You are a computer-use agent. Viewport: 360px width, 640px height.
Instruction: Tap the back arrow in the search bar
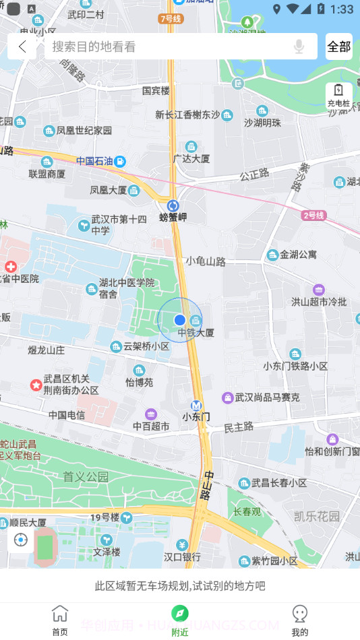tap(23, 46)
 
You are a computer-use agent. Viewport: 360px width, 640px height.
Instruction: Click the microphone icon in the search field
tap(299, 46)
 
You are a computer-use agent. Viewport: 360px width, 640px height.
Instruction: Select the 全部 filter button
tap(339, 46)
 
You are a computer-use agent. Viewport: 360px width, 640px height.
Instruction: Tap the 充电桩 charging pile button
tap(338, 95)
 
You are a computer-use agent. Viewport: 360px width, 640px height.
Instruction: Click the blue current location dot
tap(179, 319)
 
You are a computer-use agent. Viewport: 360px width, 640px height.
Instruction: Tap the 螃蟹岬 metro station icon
tap(173, 205)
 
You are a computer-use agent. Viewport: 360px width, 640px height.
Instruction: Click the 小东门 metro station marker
tap(196, 406)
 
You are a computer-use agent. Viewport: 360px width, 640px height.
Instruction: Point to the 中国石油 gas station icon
tap(120, 161)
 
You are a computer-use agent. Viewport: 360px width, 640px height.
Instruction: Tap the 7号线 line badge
tap(171, 19)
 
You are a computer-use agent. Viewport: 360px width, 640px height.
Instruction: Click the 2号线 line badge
tap(314, 216)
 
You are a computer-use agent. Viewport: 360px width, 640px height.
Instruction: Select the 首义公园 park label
tap(86, 476)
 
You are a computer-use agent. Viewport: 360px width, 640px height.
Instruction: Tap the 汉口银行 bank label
tap(182, 556)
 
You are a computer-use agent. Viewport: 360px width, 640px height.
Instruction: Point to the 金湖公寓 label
tap(298, 255)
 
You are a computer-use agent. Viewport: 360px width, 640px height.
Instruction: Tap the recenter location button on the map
tap(21, 540)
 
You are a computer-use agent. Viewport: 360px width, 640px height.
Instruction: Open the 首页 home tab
tap(60, 619)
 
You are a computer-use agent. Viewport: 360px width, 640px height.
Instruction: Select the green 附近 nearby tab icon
tap(179, 612)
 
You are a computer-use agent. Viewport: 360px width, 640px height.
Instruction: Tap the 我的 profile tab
tap(300, 619)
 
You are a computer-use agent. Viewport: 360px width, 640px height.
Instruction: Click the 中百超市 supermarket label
tap(151, 426)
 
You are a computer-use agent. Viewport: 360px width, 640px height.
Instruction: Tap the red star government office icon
tap(35, 385)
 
